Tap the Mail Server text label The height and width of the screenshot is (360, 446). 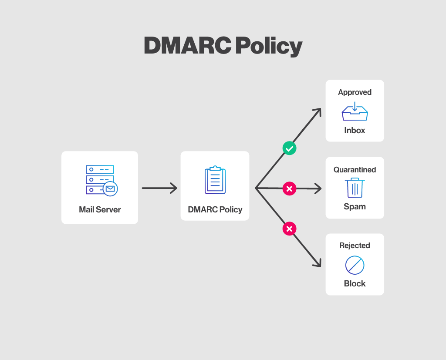[100, 209]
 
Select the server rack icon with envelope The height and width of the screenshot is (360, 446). [101, 180]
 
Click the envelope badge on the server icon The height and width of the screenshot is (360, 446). [110, 188]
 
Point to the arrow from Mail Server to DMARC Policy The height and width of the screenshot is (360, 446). [159, 188]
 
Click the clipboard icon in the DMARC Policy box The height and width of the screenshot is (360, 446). [215, 180]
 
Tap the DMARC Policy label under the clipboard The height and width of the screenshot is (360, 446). [215, 209]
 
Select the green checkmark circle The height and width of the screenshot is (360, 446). [289, 148]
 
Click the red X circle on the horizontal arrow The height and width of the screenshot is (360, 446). [289, 188]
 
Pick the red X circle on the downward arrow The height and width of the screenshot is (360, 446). [289, 229]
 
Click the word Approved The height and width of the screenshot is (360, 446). [355, 92]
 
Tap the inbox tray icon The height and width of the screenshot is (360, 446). [355, 111]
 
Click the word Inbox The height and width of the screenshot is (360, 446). [355, 130]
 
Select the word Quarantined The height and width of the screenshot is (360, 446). [355, 170]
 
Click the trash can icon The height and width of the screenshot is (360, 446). [355, 188]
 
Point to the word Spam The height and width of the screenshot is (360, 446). [355, 206]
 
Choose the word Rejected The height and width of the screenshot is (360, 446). [355, 246]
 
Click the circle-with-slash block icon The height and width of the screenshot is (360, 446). [355, 265]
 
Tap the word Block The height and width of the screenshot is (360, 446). [355, 283]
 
